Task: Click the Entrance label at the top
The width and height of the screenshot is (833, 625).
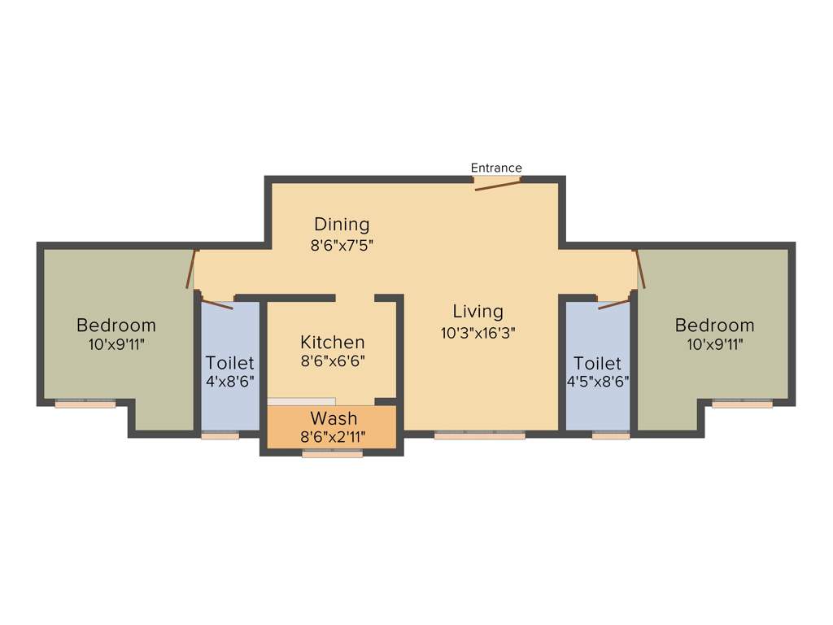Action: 496,168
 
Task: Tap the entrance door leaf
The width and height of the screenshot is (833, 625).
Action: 497,186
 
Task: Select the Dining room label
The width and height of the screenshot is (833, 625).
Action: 342,224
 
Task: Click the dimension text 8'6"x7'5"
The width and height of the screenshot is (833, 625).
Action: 342,243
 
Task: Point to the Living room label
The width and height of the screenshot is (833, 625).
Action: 478,311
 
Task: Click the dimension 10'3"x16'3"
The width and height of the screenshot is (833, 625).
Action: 478,332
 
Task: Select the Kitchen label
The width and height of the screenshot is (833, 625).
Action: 332,342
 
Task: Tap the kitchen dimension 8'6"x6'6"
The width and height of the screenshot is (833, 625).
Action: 332,361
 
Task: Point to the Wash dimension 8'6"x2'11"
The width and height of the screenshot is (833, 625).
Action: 332,437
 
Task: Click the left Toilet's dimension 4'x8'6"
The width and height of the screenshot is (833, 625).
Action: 229,381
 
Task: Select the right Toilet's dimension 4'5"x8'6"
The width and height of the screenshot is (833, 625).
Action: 597,381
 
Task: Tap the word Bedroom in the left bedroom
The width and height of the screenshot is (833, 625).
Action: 116,326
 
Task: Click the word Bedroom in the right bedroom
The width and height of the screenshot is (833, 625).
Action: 714,326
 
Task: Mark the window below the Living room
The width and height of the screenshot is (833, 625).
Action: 479,435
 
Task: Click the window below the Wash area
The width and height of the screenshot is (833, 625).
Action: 332,454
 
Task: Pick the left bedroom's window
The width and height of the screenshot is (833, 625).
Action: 85,404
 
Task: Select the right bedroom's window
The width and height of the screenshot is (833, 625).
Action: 742,404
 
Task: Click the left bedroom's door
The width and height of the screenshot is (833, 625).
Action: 192,269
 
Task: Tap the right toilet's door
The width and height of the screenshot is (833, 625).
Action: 613,305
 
